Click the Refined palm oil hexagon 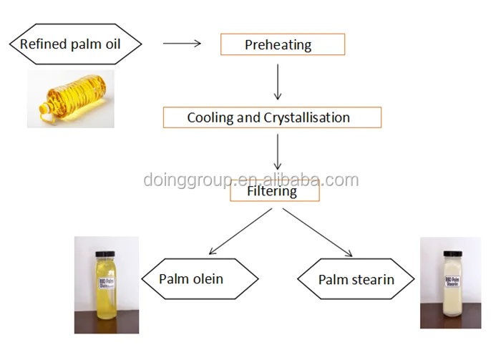point(75,44)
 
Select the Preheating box point(282,45)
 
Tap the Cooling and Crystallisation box point(272,117)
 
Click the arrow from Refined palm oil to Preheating point(182,44)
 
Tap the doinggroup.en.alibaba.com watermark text point(250,179)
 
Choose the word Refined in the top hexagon point(40,44)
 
